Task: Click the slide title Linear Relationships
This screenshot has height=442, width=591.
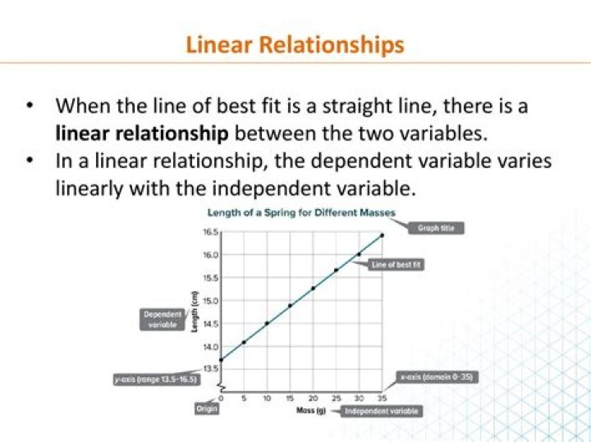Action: pos(295,43)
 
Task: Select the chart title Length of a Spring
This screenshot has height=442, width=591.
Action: pos(300,213)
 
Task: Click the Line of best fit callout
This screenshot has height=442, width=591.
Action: pos(396,266)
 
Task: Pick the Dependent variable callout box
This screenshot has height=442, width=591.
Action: pos(162,319)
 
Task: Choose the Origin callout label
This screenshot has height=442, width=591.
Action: pos(207,408)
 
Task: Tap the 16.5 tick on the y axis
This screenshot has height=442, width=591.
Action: pos(210,233)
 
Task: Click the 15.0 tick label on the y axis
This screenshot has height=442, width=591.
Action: pos(210,301)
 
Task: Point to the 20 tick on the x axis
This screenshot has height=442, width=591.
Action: pos(313,397)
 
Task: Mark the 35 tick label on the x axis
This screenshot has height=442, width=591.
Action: pos(382,397)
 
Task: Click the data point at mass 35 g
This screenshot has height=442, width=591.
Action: pos(382,235)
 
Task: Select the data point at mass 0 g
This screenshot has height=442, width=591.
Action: pos(222,359)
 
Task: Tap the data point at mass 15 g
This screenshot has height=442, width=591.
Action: pos(290,306)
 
